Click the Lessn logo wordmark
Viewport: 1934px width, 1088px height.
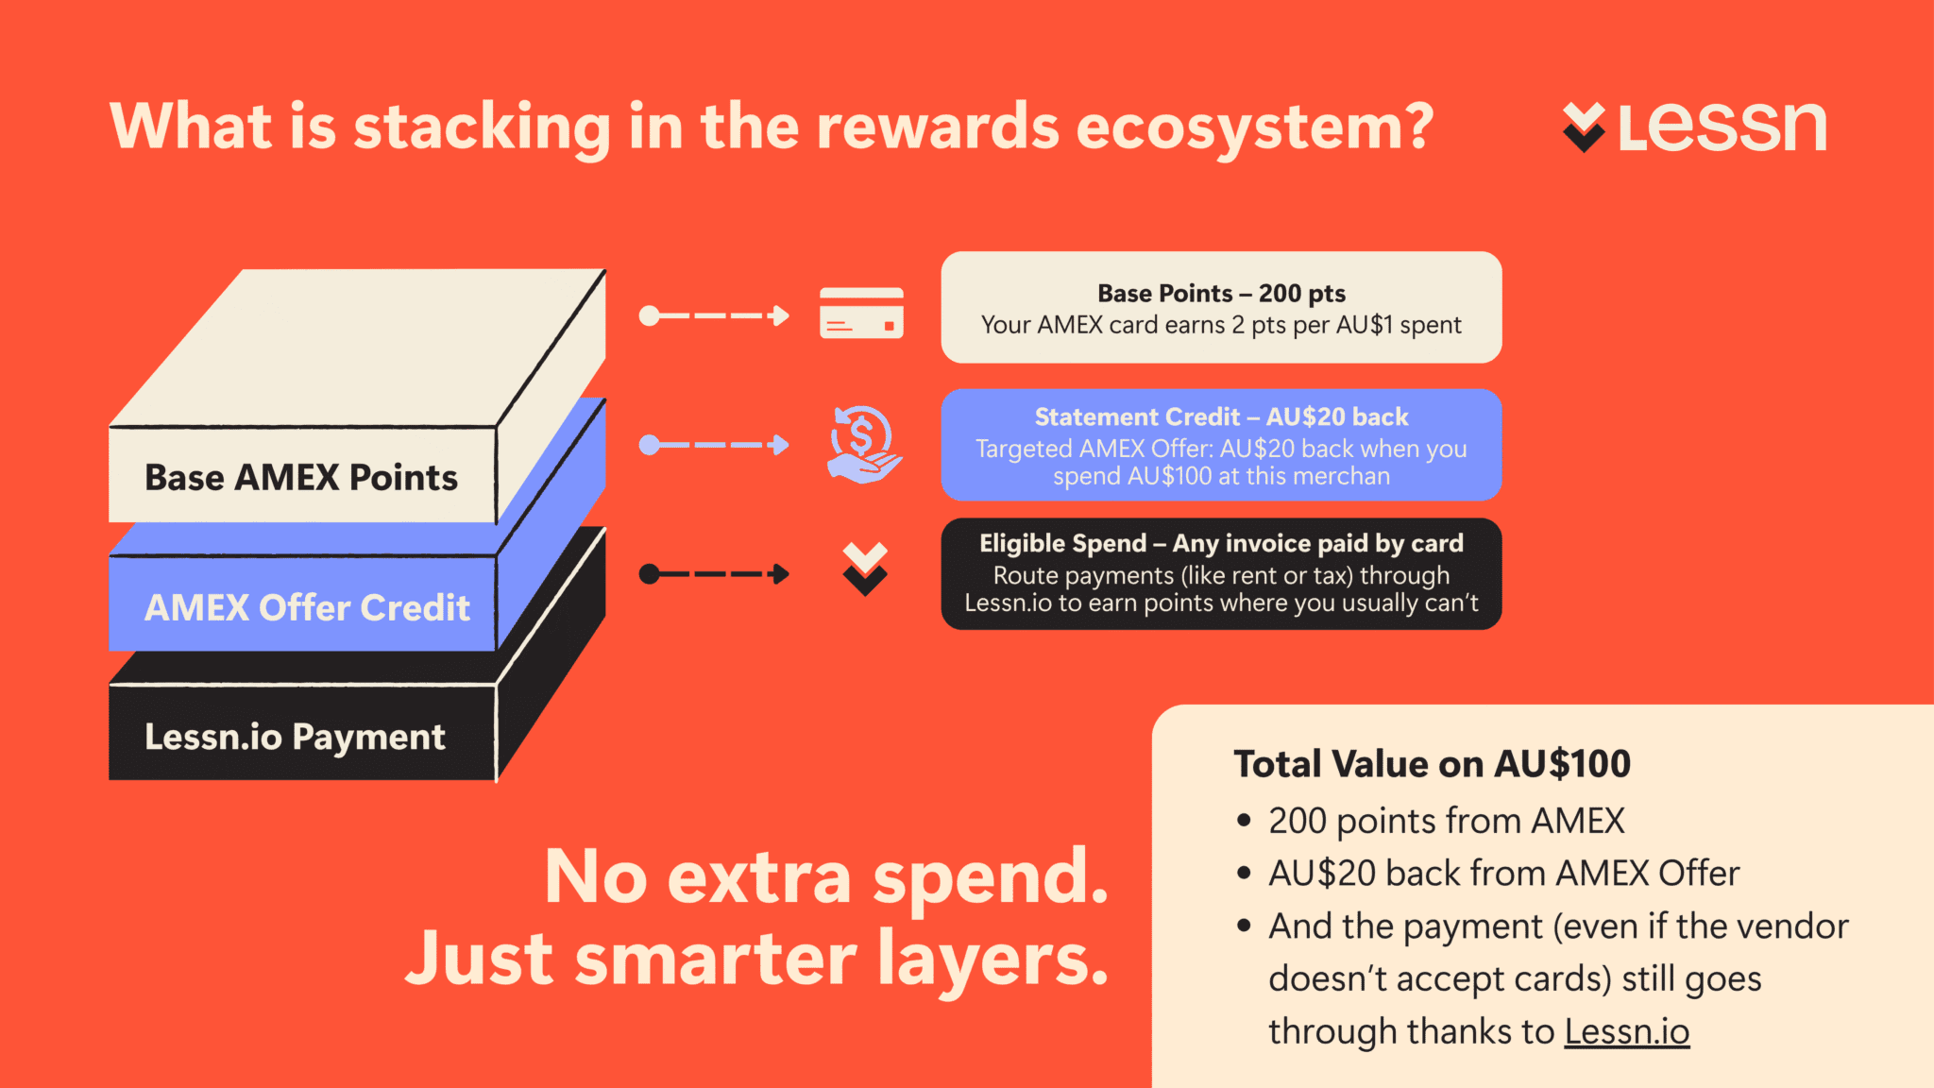1722,127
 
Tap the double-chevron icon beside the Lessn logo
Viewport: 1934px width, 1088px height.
1584,127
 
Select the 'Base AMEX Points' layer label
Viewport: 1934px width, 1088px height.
301,478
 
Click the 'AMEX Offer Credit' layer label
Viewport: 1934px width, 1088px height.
307,608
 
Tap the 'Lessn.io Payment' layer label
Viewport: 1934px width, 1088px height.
295,738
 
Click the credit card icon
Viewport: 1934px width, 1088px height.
861,313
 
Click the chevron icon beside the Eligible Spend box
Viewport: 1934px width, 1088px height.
865,569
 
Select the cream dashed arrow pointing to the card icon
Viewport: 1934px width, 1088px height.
714,315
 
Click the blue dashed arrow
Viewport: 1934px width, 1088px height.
714,445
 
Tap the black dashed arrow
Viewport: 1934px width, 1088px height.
714,574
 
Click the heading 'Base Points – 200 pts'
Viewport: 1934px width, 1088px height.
1221,294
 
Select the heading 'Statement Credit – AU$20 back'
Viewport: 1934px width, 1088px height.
1221,417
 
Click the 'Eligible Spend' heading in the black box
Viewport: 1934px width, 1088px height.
1062,544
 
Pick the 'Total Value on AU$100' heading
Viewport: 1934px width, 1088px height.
1432,764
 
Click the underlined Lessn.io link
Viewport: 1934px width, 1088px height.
1626,1031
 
